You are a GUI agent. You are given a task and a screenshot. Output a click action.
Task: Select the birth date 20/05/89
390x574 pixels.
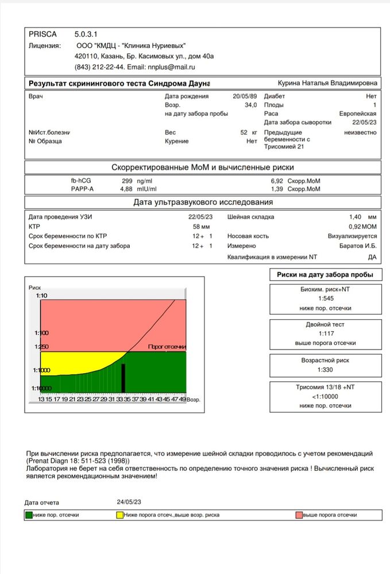pos(245,96)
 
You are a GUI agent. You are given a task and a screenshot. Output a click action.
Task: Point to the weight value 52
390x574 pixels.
pos(244,133)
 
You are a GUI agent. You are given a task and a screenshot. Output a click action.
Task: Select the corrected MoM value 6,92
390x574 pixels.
pos(277,181)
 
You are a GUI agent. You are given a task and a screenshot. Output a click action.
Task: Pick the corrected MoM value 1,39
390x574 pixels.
pos(277,189)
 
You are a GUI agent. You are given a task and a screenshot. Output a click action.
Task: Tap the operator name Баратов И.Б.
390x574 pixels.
pos(359,245)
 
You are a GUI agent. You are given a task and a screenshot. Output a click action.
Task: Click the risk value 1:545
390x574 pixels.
pos(326,298)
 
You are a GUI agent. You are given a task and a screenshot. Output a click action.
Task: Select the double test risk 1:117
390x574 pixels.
pos(326,333)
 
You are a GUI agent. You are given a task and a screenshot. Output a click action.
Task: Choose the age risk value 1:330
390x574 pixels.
pos(326,369)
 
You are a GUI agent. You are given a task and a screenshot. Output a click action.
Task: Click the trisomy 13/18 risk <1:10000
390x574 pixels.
pos(326,396)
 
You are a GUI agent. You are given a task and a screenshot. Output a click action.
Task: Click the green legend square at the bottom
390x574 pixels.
pos(28,515)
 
